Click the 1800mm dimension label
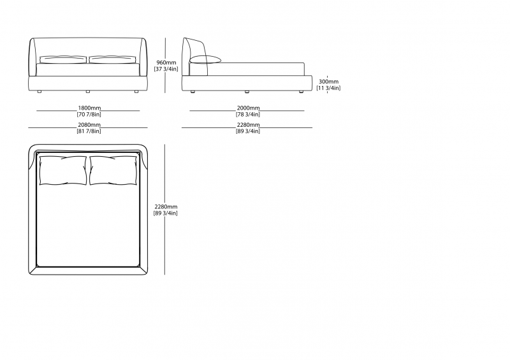point(89,108)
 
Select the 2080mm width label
point(89,124)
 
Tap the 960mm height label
point(166,62)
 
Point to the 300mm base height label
point(328,82)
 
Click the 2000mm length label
point(248,108)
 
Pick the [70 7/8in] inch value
point(89,115)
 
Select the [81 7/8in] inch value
point(89,131)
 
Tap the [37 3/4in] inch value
point(166,69)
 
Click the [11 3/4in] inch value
point(328,88)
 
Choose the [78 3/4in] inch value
point(248,115)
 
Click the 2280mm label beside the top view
point(166,206)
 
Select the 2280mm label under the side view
point(248,124)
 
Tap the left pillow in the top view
point(63,170)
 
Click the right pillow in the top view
point(113,170)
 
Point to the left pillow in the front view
point(63,59)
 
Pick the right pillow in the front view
point(113,59)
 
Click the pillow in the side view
point(205,59)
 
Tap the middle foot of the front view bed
point(88,92)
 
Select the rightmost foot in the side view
point(301,92)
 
